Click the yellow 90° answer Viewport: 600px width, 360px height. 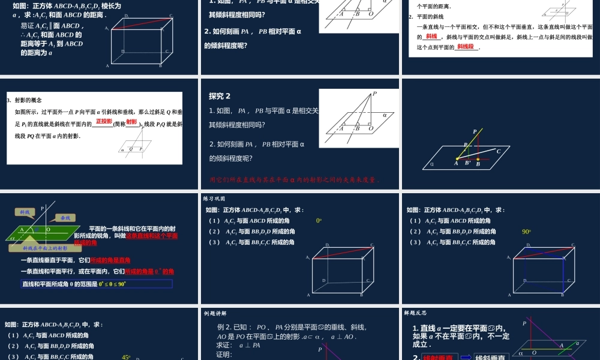point(527,232)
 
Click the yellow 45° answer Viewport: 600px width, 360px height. point(126,357)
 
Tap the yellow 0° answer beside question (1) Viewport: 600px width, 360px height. point(319,221)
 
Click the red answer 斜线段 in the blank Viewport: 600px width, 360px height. point(466,47)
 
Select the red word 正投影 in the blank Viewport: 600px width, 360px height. point(104,122)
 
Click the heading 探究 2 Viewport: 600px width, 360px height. point(220,96)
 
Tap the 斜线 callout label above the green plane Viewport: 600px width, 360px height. point(25,212)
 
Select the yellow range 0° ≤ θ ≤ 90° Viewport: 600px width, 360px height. point(113,284)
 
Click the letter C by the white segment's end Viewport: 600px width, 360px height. point(498,152)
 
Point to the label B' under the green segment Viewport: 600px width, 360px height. point(468,163)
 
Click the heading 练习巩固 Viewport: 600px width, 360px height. point(214,199)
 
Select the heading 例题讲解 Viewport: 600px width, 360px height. point(214,313)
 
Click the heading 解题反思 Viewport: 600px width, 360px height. point(415,313)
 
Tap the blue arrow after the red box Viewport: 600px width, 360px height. point(466,357)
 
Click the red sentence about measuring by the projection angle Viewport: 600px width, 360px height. point(294,179)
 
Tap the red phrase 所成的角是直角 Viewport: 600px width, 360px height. point(110,260)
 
